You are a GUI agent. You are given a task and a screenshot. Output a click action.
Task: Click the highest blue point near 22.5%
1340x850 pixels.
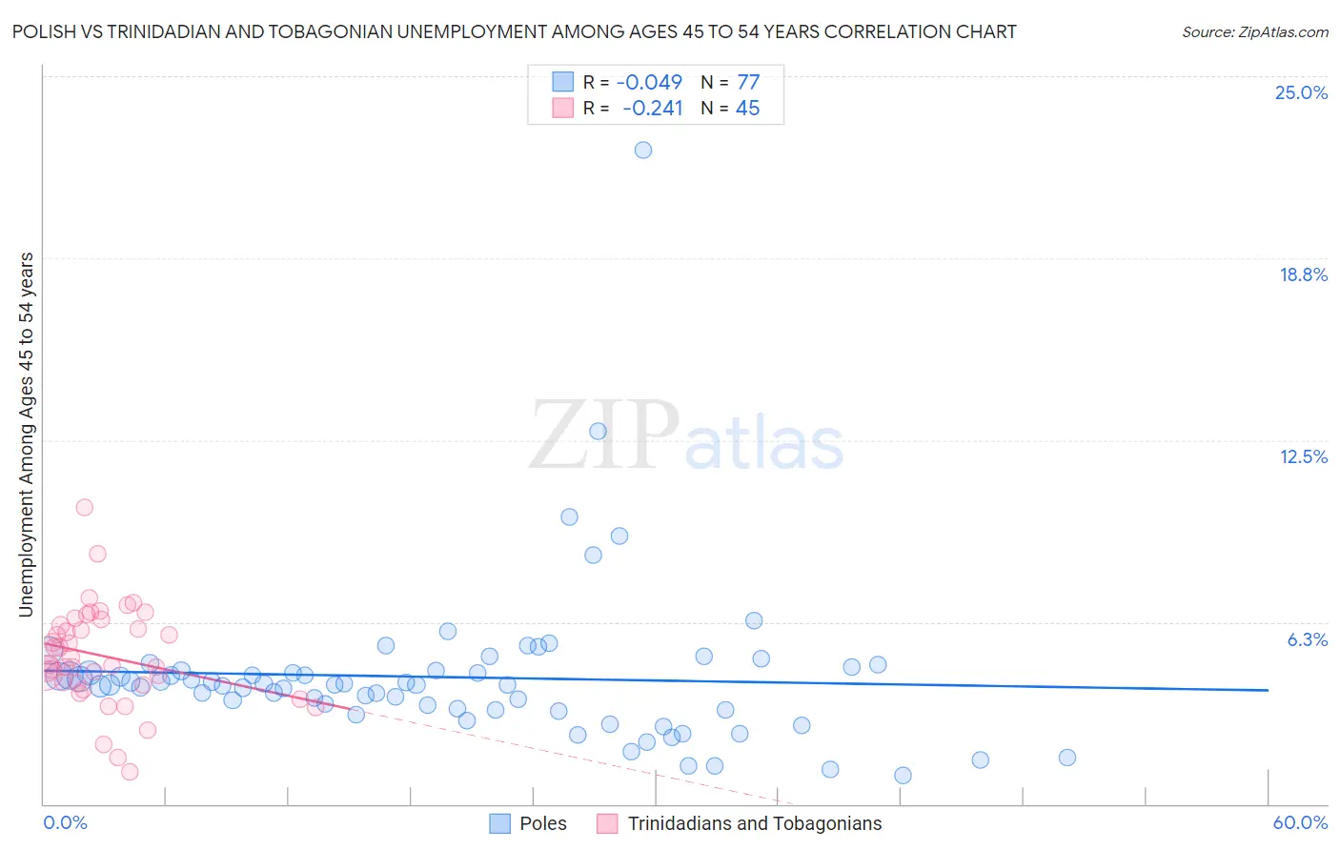pos(643,150)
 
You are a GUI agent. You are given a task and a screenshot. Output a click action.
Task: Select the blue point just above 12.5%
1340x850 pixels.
pos(598,431)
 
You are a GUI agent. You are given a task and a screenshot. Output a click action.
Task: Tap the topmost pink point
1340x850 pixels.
pos(84,507)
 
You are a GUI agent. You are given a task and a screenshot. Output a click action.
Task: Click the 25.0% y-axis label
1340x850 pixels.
pos(1301,92)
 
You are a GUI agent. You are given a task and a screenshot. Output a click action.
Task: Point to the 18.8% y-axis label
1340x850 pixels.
pos(1303,274)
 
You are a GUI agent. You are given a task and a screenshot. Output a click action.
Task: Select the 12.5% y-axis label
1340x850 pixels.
pos(1303,456)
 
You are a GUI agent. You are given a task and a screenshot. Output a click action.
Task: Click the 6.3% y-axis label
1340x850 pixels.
pos(1307,639)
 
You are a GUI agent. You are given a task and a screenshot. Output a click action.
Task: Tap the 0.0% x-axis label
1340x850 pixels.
pos(65,822)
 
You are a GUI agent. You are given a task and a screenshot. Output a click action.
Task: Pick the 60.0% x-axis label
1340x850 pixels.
pos(1300,822)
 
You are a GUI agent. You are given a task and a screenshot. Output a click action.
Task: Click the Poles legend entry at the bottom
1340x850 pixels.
pos(542,823)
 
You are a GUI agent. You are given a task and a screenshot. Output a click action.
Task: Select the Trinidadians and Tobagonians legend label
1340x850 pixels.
pos(754,823)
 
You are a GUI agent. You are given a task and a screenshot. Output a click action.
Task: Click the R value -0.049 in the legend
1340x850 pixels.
pos(649,82)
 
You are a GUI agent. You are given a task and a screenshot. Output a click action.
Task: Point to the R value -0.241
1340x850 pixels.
pos(652,108)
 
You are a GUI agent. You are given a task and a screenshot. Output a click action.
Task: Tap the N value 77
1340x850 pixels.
pos(748,82)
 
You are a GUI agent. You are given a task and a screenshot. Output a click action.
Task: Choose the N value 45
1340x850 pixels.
pos(747,108)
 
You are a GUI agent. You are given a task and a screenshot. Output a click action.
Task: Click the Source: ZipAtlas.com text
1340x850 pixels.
pos(1254,31)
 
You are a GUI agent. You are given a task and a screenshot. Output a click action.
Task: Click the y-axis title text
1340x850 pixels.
pos(27,434)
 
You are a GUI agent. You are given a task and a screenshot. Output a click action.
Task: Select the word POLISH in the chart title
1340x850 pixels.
pos(43,31)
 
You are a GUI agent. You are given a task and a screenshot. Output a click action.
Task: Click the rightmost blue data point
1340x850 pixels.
pos(1067,758)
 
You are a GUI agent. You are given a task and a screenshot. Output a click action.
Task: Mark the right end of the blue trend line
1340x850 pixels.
pos(1268,689)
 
